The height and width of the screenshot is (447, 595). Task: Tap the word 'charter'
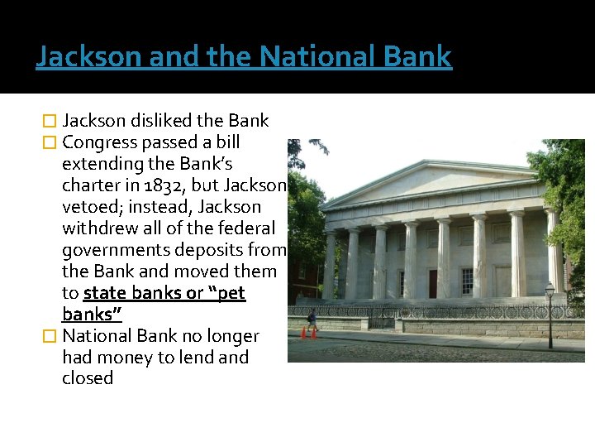93,185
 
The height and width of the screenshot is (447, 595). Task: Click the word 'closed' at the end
87,378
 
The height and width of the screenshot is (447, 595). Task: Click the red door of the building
432,284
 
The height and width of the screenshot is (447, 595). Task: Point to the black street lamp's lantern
550,290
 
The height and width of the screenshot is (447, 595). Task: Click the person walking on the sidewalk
312,319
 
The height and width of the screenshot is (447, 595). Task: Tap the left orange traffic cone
303,333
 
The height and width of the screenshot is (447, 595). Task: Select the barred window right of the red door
466,281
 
